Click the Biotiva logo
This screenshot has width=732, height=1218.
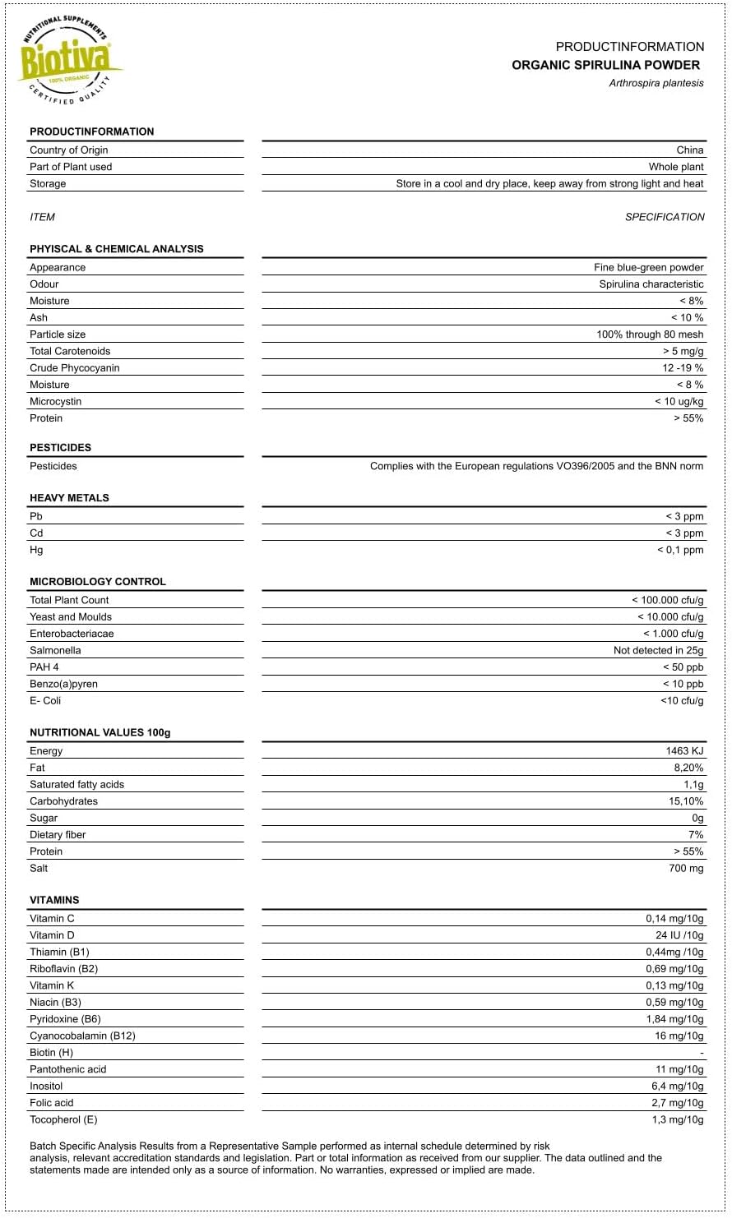coord(66,59)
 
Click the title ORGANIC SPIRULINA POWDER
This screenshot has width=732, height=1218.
coord(605,65)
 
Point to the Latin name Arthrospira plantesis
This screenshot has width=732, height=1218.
coord(656,83)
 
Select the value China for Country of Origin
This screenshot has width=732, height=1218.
coord(689,150)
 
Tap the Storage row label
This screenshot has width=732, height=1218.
coord(48,184)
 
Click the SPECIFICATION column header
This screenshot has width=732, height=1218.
coord(664,217)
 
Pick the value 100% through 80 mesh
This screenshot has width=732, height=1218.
coord(650,334)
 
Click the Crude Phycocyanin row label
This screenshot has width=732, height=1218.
coord(74,368)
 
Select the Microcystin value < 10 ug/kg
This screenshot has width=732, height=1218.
coord(679,402)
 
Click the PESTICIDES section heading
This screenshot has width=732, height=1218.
coord(60,448)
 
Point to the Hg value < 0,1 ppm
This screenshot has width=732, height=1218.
coord(679,550)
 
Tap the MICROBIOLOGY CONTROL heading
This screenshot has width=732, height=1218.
coord(97,582)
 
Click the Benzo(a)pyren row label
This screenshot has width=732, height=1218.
coord(63,685)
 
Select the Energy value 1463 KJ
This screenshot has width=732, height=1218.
coord(684,751)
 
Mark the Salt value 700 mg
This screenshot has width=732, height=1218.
coord(685,869)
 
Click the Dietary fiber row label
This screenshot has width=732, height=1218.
coord(58,835)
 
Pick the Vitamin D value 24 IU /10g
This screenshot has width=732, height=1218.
coord(679,935)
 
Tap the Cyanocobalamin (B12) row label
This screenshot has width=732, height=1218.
coord(82,1036)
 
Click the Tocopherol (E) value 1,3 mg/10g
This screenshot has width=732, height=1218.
coord(677,1120)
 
